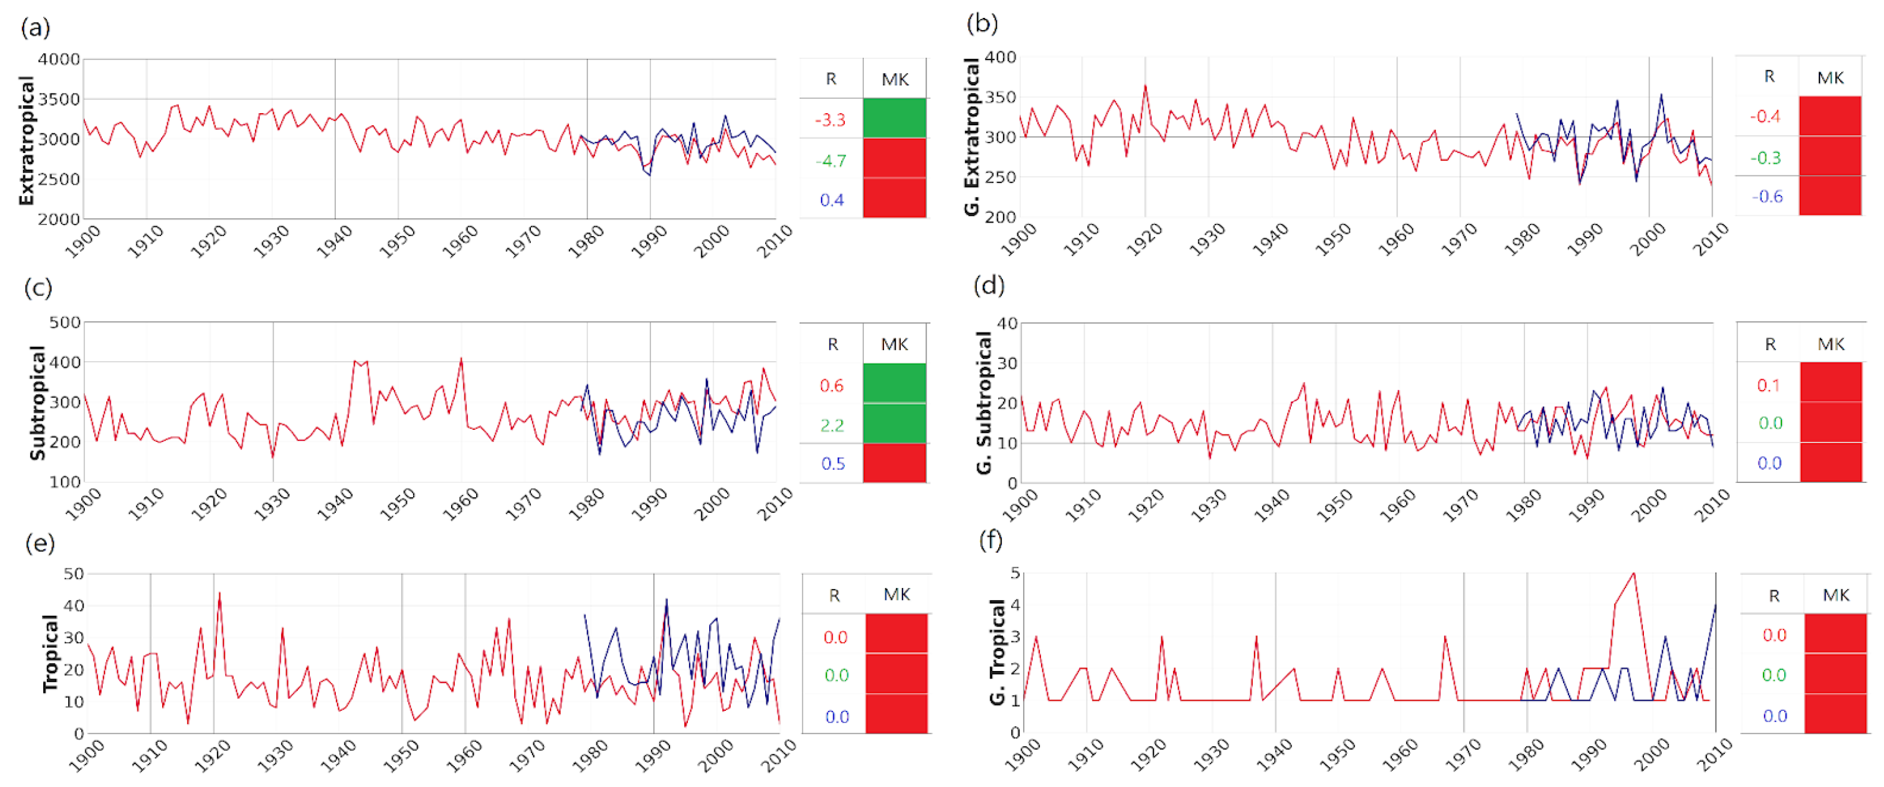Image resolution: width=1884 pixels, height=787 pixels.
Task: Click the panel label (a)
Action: coord(35,28)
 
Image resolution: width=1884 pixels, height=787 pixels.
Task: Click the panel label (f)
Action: coord(990,541)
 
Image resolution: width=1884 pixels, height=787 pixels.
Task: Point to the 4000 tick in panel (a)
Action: coord(58,59)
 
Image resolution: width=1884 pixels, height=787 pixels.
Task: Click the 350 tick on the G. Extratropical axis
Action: coord(1001,98)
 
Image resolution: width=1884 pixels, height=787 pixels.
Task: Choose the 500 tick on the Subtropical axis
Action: coord(65,323)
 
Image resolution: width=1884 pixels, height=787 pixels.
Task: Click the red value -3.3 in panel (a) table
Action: coord(830,120)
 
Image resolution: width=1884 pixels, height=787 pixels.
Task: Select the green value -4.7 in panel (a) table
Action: coord(830,160)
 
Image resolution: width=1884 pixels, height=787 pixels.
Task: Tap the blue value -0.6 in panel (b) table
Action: coord(1767,197)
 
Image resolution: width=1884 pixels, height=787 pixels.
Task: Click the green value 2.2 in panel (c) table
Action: coord(831,425)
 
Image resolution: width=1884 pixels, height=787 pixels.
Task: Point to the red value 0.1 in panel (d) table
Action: coord(1769,385)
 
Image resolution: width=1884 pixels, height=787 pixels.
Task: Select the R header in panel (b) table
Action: coord(1769,76)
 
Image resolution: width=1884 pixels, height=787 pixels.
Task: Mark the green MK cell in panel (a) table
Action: coord(894,118)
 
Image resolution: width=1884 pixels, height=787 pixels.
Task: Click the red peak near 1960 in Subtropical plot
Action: coord(461,359)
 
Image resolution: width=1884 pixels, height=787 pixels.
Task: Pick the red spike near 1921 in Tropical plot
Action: coord(219,594)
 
